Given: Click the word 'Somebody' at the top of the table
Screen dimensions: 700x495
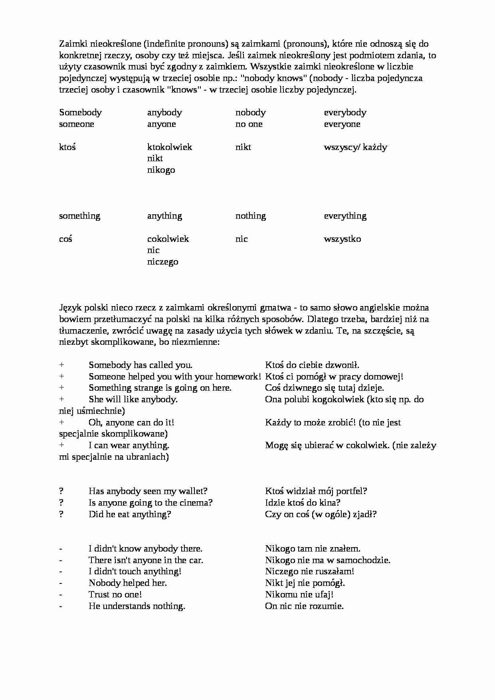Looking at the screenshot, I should [x=80, y=113].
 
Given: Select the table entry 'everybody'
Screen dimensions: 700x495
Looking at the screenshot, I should [x=345, y=113].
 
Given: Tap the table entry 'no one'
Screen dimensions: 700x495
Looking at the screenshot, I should [x=249, y=124].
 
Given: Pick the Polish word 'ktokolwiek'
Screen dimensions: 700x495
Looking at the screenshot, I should [x=169, y=147].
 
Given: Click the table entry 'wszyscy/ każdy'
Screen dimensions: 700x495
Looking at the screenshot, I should [x=355, y=147].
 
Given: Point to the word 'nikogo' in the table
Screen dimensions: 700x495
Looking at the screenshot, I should [x=161, y=170].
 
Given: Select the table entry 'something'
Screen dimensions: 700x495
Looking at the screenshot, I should [x=79, y=216].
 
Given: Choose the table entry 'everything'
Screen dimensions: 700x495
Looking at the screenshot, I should [x=345, y=216].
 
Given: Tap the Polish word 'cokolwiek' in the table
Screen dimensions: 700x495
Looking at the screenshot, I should [x=168, y=239].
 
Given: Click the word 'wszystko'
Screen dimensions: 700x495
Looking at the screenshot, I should [x=342, y=239].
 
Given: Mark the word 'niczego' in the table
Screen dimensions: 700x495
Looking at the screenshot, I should [x=162, y=262].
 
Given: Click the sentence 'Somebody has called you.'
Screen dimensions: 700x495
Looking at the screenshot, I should [x=141, y=365].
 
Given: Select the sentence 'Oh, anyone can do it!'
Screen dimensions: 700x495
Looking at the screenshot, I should [x=131, y=423].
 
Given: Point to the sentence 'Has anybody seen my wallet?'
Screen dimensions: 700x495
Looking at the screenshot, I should [x=148, y=491].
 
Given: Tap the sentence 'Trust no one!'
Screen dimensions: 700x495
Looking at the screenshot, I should [x=115, y=595].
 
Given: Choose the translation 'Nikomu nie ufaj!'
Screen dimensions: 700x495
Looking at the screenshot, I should [x=299, y=595].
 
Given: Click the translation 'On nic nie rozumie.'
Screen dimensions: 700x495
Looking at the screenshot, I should [x=304, y=606].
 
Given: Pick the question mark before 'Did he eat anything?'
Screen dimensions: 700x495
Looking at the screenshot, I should [x=61, y=514].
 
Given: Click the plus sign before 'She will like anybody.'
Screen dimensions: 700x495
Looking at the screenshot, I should [x=61, y=399].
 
